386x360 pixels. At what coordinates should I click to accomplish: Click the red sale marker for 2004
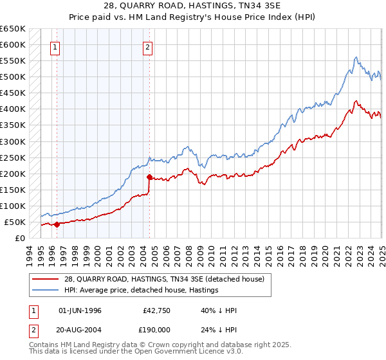pos(149,177)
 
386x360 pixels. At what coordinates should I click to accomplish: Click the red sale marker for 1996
pos(57,224)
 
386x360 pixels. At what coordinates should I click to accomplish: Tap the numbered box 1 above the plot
pos(55,46)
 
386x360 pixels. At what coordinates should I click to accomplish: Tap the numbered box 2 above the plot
pos(148,46)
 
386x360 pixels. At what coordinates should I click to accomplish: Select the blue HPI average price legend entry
pos(141,291)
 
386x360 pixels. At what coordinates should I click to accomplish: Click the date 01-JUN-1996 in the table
pos(80,310)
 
